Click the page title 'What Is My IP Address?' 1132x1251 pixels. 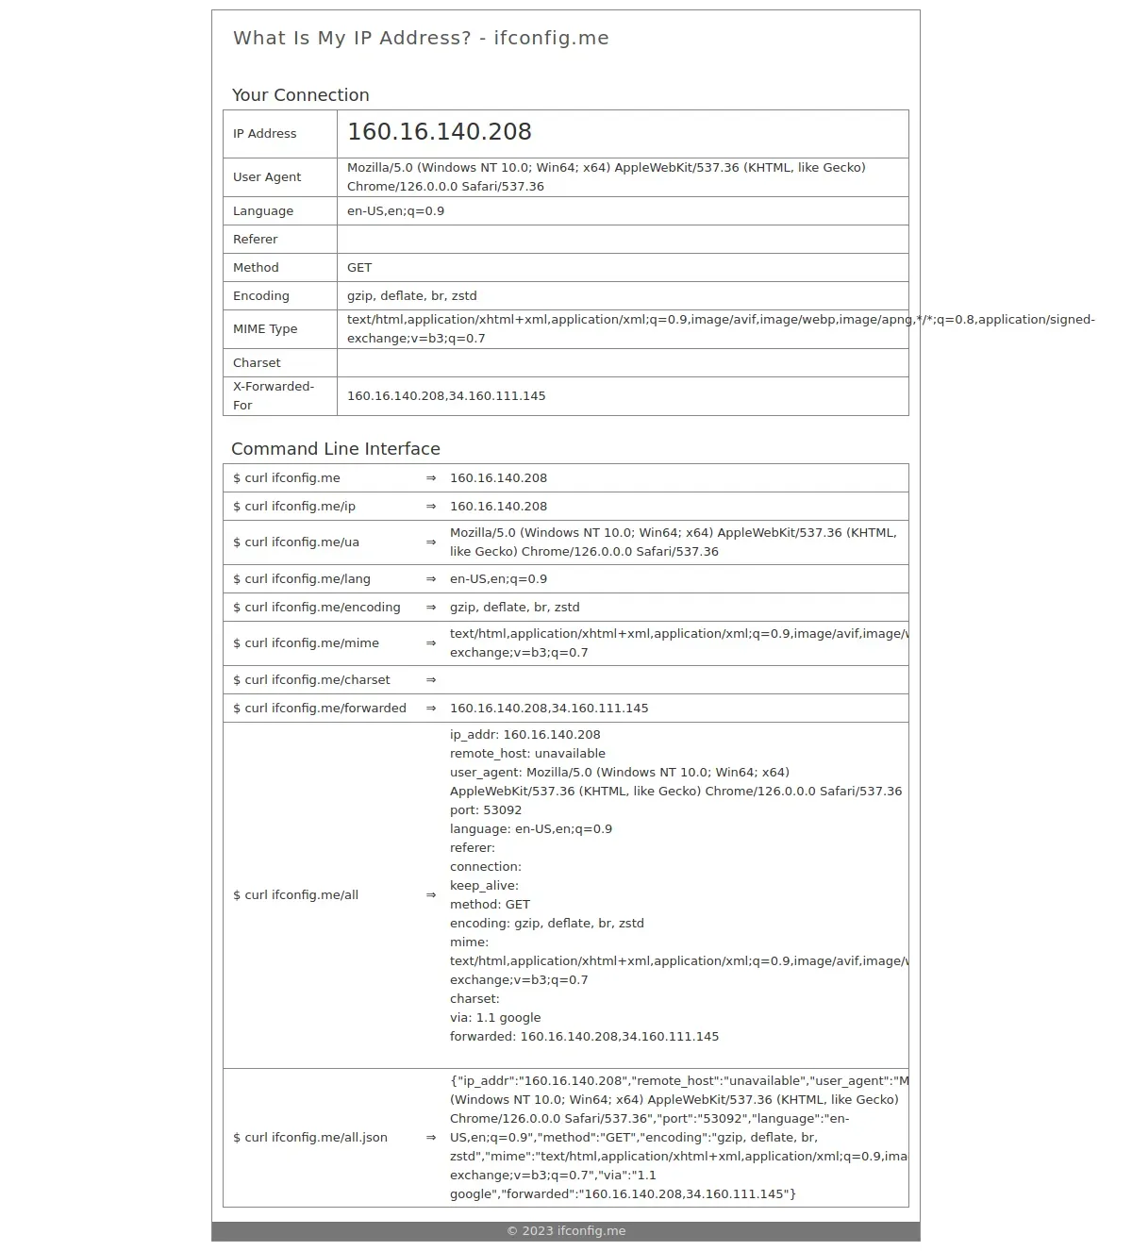[x=351, y=39]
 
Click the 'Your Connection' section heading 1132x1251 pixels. [x=300, y=95]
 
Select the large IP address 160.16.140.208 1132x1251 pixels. [x=439, y=132]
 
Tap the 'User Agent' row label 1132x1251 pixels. [x=267, y=177]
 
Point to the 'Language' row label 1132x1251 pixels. [x=263, y=211]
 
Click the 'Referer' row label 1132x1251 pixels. [x=256, y=240]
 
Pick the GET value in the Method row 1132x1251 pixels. [x=359, y=268]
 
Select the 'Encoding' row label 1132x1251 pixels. [x=261, y=296]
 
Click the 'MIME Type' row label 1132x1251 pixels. [x=265, y=329]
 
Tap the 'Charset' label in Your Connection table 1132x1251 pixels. [x=257, y=363]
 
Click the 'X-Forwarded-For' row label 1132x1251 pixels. [x=274, y=396]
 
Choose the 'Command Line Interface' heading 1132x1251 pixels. [x=336, y=449]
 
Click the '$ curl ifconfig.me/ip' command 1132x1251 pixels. [x=294, y=507]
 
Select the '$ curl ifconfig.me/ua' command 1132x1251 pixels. [x=296, y=542]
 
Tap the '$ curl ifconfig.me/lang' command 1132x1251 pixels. [x=302, y=579]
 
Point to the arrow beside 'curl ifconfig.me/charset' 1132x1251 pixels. [x=431, y=680]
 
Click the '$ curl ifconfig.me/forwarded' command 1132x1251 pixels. [x=320, y=709]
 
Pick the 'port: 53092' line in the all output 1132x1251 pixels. [x=486, y=810]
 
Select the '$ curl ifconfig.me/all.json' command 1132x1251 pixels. [x=310, y=1138]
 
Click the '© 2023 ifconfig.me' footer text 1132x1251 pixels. [x=566, y=1231]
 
